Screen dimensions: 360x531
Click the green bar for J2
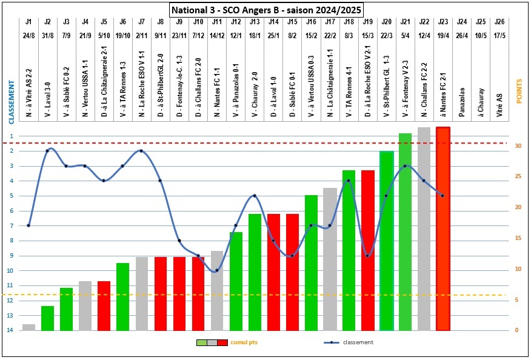(x=47, y=318)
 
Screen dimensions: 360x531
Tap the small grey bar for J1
(x=28, y=327)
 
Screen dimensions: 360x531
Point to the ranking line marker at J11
(x=217, y=270)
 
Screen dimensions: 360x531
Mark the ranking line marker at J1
(x=28, y=225)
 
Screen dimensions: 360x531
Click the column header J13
(x=255, y=22)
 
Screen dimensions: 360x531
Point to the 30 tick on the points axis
(x=516, y=146)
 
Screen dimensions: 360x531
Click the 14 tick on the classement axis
(x=10, y=330)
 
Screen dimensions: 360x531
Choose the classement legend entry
(x=358, y=342)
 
